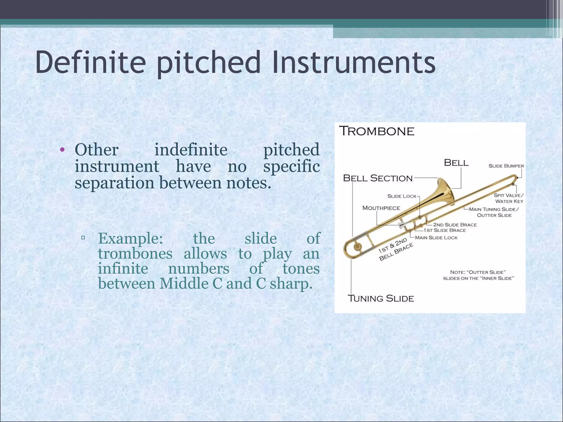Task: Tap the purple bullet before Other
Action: (62, 150)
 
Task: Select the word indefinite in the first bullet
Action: (191, 150)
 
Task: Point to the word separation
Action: (114, 183)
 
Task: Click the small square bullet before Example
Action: (83, 237)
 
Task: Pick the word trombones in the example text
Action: (135, 254)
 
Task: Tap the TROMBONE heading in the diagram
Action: (377, 131)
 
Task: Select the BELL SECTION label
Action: (378, 178)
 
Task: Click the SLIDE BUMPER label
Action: (506, 166)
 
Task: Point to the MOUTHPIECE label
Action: (381, 208)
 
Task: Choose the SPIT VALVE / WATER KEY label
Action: (509, 198)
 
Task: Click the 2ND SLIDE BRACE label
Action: (455, 225)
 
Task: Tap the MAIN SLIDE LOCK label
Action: (436, 238)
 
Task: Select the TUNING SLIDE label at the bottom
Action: (381, 298)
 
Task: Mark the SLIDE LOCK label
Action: (402, 196)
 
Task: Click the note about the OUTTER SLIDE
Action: (478, 275)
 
